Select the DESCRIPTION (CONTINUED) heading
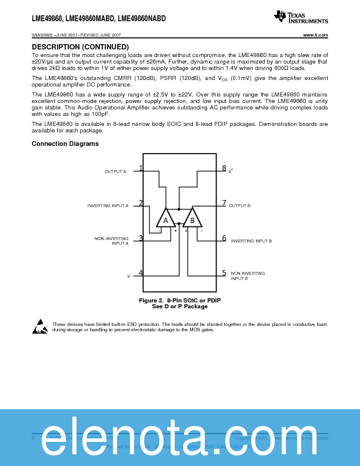tap(80, 46)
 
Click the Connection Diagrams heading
tap(65, 144)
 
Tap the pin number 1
tap(141, 168)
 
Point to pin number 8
tap(224, 168)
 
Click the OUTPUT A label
tap(115, 171)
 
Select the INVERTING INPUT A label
tap(108, 205)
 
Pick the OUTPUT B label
tap(239, 205)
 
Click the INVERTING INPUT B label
tap(251, 241)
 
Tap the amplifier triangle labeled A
tap(166, 219)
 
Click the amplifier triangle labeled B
tap(192, 219)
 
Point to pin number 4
tap(141, 273)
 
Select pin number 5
tap(224, 273)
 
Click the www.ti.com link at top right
tap(315, 35)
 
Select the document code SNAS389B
tap(42, 35)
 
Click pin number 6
tap(224, 238)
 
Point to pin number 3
tap(141, 238)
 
